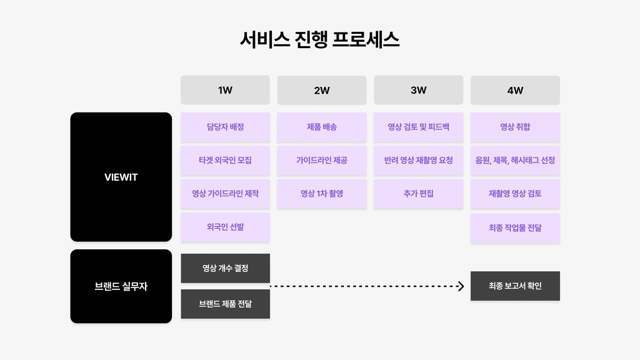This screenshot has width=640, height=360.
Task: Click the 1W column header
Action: (x=225, y=90)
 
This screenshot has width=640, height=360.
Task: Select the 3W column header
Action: (x=418, y=90)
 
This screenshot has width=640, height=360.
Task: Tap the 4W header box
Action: (x=515, y=90)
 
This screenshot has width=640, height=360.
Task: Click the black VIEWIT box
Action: (x=121, y=177)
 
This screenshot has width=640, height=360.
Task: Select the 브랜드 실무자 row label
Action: (x=121, y=286)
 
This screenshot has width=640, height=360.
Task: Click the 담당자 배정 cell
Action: (x=225, y=127)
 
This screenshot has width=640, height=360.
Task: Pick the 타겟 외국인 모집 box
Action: (x=225, y=161)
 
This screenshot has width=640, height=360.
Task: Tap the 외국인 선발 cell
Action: (x=225, y=227)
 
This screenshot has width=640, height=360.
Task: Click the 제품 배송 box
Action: (x=322, y=127)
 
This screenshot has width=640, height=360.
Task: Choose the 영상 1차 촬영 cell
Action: (x=322, y=194)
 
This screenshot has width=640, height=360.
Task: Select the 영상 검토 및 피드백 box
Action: (x=418, y=127)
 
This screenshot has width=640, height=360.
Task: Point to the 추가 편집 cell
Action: (x=418, y=194)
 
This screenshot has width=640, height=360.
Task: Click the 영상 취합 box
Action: (x=515, y=127)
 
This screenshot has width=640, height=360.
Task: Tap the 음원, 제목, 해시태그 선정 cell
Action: (x=515, y=161)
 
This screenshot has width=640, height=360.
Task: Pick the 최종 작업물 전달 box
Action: (x=515, y=227)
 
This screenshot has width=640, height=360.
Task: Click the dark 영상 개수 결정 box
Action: (x=225, y=268)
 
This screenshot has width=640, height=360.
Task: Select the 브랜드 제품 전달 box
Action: (x=225, y=304)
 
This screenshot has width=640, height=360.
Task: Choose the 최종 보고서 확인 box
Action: (x=515, y=286)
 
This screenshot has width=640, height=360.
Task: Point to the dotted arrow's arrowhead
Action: (x=462, y=286)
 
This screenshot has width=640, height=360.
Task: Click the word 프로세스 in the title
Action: (x=366, y=39)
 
